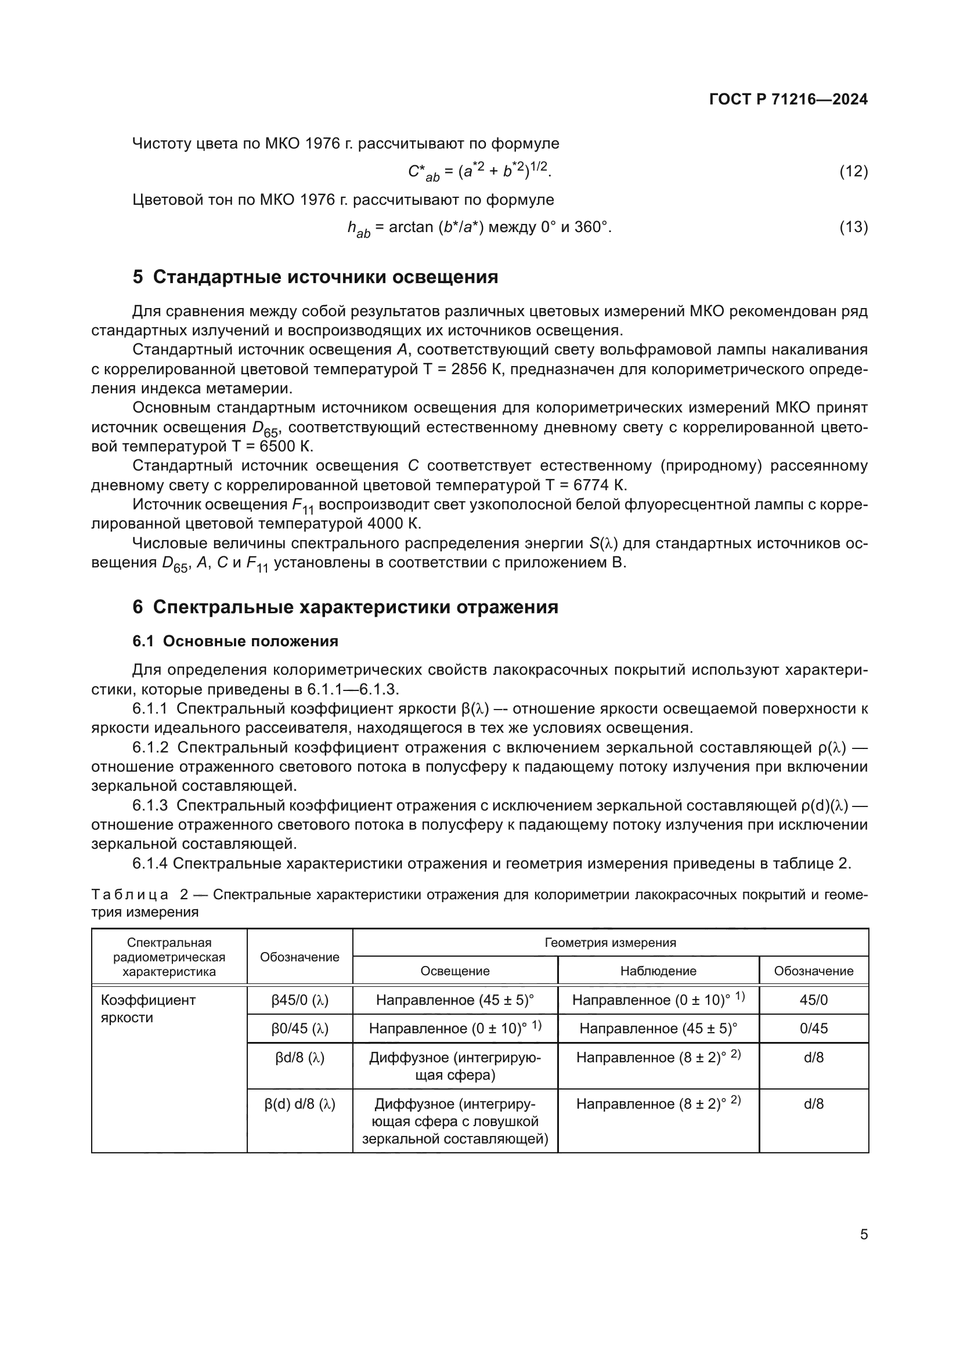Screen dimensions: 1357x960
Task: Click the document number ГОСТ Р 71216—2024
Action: coord(788,99)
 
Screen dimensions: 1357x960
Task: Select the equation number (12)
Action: coord(854,171)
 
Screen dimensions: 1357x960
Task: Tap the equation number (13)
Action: coord(854,227)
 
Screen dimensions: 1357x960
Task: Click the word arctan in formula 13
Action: coord(411,227)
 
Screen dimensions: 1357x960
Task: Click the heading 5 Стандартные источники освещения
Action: coord(315,277)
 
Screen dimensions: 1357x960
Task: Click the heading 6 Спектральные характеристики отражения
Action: coord(345,607)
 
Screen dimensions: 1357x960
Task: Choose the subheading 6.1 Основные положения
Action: coord(235,641)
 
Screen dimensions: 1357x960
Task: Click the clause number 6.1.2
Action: coord(150,748)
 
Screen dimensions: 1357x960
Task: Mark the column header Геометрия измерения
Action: coord(610,943)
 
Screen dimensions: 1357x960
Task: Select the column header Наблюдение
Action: coord(658,971)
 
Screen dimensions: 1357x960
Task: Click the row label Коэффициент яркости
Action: coord(148,1008)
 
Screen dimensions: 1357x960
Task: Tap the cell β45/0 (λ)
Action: coord(299,1000)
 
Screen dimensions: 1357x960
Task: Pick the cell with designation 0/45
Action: coord(813,1029)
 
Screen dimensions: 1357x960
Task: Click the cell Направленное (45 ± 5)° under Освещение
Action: coord(454,1000)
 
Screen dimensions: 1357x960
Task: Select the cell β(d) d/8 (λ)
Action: coord(299,1103)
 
